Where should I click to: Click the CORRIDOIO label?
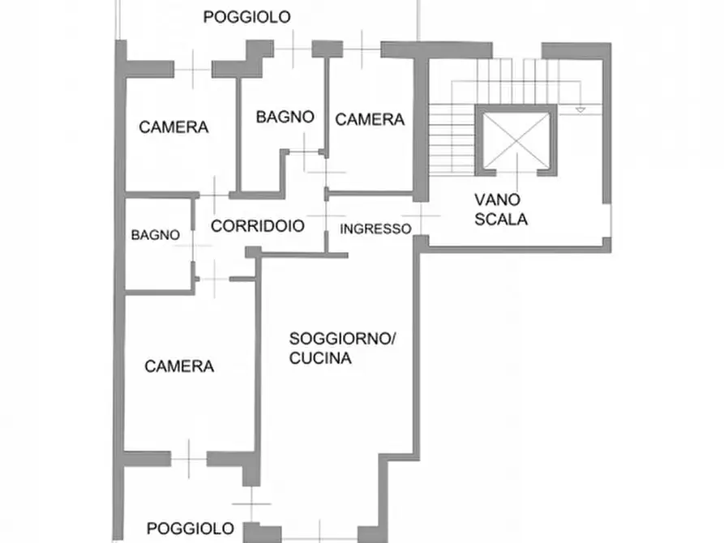(258, 226)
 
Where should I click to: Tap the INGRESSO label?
(375, 229)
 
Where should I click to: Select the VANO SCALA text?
(501, 210)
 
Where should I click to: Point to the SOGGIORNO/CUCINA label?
(341, 348)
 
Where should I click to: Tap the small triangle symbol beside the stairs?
(580, 110)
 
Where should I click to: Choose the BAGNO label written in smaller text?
(156, 235)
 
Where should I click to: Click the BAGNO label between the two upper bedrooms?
(285, 117)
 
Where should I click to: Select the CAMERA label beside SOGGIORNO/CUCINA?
(179, 366)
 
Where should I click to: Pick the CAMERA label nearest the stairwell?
(370, 120)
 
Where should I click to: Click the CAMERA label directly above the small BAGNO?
(174, 127)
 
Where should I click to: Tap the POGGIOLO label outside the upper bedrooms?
(247, 17)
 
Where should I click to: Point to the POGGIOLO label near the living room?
(191, 528)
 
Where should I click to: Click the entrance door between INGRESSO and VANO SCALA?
(421, 216)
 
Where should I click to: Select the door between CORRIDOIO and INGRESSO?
(326, 216)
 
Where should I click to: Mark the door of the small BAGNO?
(193, 246)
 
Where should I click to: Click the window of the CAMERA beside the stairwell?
(362, 49)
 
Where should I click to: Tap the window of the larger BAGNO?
(293, 49)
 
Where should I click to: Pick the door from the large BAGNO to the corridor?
(304, 152)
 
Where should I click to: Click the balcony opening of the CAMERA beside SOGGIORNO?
(189, 459)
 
